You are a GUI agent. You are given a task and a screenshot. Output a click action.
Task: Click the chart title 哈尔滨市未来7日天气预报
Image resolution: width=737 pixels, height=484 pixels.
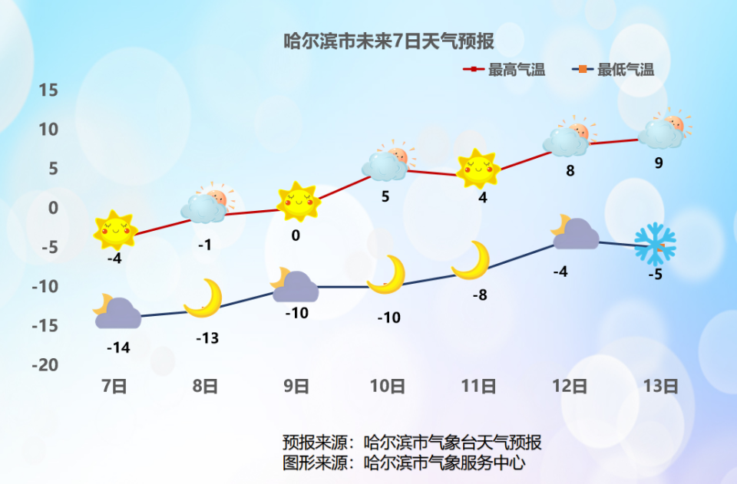pos(388,41)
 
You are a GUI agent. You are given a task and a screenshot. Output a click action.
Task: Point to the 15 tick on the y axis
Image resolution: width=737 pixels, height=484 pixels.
pos(48,91)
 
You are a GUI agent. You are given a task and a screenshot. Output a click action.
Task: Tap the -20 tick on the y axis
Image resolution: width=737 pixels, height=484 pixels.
pos(45,364)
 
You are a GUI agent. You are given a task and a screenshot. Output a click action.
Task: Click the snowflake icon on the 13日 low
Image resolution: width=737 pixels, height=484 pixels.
pos(655,243)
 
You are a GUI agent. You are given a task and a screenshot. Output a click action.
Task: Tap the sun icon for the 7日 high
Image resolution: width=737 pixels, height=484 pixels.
pos(115,229)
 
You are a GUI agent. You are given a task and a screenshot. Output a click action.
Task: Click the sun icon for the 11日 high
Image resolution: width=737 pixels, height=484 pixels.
pos(478,169)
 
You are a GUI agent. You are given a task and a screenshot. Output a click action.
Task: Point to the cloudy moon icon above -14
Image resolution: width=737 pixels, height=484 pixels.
pos(117,311)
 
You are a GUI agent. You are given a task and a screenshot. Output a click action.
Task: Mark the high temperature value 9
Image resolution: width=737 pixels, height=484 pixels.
pos(659,163)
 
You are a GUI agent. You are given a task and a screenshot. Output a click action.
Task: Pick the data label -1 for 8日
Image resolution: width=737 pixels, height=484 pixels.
pos(204,245)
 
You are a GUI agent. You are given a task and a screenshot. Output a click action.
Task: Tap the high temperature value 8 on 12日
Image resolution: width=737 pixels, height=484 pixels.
pos(570,171)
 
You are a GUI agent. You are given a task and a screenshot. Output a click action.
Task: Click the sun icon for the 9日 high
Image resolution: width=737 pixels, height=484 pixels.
pos(297,202)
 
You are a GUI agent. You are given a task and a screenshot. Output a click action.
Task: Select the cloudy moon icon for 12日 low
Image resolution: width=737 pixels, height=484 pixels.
pos(574,233)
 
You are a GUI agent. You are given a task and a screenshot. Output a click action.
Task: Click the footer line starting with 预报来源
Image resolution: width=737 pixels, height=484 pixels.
pos(411,443)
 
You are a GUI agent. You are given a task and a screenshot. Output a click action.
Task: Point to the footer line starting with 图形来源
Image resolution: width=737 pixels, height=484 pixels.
pos(404,463)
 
